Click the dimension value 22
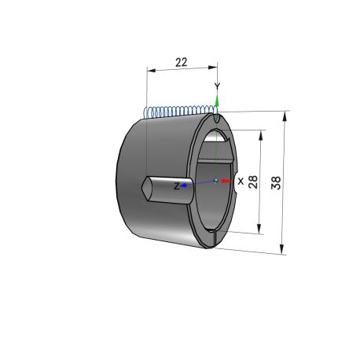pos(182,62)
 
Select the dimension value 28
pos(253,182)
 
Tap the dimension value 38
pos(276,183)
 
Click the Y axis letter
pos(217,86)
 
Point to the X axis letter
pos(241,181)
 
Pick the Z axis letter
pos(177,186)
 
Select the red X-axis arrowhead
pos(227,181)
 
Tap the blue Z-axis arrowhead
pos(184,186)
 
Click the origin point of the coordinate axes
pos(215,180)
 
